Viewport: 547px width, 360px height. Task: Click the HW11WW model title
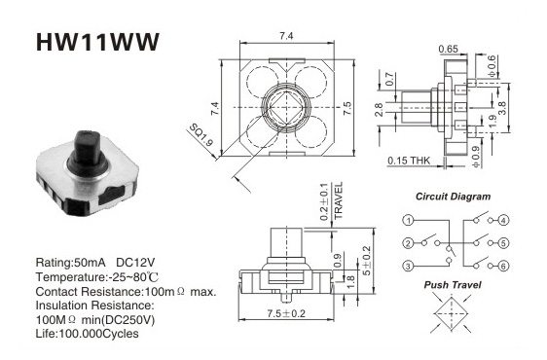coord(97,42)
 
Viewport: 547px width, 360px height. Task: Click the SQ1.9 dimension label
coord(201,135)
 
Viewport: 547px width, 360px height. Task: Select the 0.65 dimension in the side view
coord(449,49)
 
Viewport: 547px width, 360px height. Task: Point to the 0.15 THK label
coord(409,161)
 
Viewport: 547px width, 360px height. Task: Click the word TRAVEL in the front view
coord(339,200)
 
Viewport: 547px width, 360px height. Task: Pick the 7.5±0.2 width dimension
coord(286,313)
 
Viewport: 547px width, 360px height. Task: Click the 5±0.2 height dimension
coord(366,261)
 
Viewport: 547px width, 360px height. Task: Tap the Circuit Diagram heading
coord(453,197)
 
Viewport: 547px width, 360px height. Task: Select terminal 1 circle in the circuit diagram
coord(408,220)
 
